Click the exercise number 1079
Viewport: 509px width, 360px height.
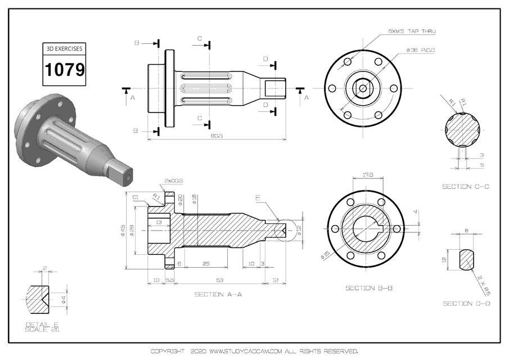64,70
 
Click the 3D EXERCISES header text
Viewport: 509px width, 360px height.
64,49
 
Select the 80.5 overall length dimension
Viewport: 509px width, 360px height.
216,136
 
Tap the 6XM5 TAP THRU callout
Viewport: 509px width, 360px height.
412,31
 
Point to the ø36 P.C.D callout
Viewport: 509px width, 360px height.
421,50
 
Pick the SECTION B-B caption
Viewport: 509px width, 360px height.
369,288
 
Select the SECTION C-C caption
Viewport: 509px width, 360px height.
465,186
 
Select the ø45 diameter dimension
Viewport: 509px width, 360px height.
122,231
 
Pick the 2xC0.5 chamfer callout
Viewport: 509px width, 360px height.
174,181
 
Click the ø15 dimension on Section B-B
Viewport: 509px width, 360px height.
325,255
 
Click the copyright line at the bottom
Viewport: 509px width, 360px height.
254,351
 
